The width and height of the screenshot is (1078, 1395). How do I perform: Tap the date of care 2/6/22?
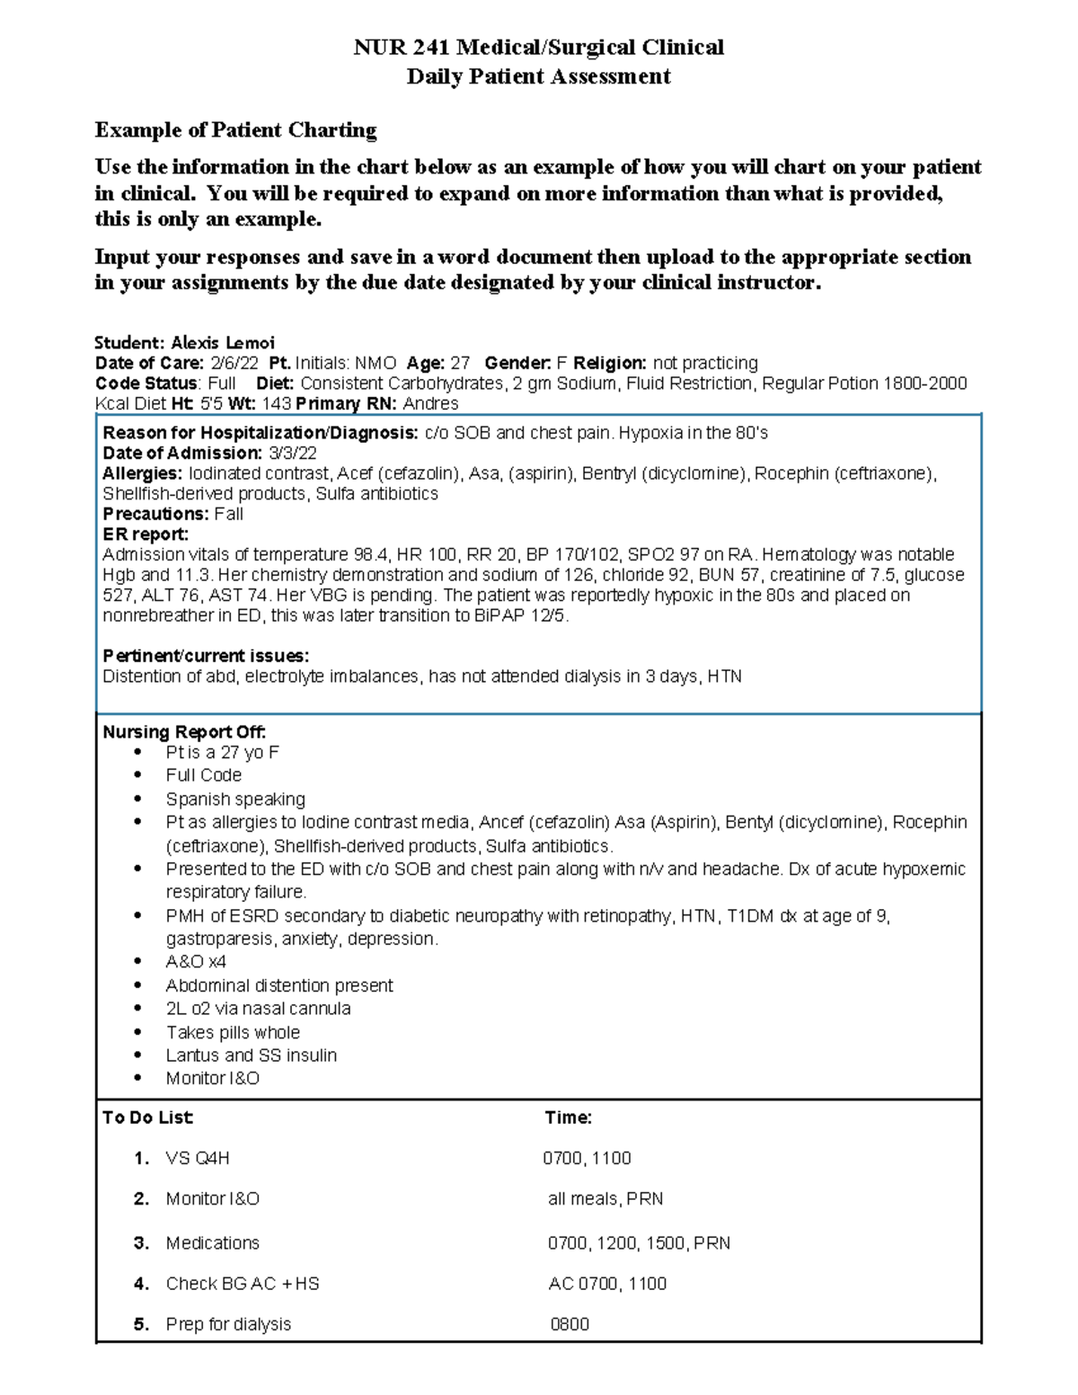231,363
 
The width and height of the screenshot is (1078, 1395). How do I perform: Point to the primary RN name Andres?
430,403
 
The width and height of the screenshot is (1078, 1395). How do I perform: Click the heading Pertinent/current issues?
206,656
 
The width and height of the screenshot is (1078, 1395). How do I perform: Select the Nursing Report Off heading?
184,732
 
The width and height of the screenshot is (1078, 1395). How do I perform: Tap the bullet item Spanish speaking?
235,799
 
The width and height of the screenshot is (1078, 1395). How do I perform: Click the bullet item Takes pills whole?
233,1032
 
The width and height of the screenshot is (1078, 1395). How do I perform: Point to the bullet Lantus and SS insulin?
251,1055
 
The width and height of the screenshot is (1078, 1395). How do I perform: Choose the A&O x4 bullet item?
195,962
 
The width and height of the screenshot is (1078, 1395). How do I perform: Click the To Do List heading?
148,1117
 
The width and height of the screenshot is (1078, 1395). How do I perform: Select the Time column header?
568,1117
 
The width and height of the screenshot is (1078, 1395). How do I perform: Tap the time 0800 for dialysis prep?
570,1324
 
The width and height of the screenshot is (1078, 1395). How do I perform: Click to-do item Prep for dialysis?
228,1324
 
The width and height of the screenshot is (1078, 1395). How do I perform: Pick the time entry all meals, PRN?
605,1198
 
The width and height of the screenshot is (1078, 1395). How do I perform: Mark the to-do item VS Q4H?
198,1158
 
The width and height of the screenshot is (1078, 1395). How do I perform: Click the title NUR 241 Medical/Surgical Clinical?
538,48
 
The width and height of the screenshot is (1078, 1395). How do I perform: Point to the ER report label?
146,534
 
